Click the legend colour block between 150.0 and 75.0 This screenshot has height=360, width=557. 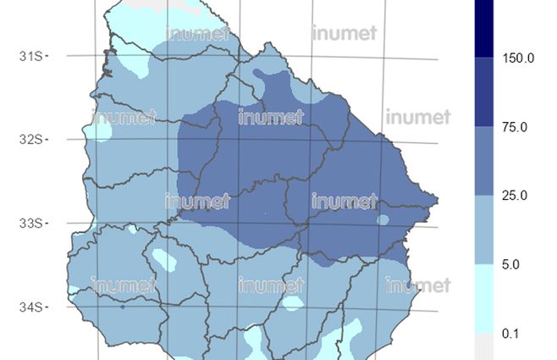tap(486, 92)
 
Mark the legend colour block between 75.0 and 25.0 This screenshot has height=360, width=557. tap(486, 161)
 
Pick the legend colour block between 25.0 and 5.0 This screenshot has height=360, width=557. tap(486, 230)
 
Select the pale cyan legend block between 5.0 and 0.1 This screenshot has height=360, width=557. tap(486, 299)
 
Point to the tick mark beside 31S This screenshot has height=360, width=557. tap(47, 55)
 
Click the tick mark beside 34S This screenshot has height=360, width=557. tap(47, 307)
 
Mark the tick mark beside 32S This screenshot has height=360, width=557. tap(47, 139)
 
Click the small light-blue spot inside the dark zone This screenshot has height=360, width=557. tap(383, 219)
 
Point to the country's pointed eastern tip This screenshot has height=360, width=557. tap(438, 200)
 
